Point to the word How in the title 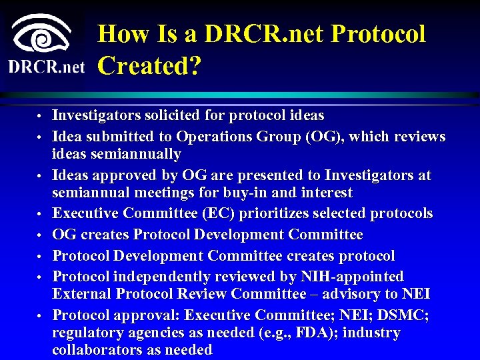[123, 34]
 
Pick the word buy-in [232, 193]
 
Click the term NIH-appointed [354, 276]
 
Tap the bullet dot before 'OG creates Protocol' [39, 235]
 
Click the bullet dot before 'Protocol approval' [39, 315]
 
